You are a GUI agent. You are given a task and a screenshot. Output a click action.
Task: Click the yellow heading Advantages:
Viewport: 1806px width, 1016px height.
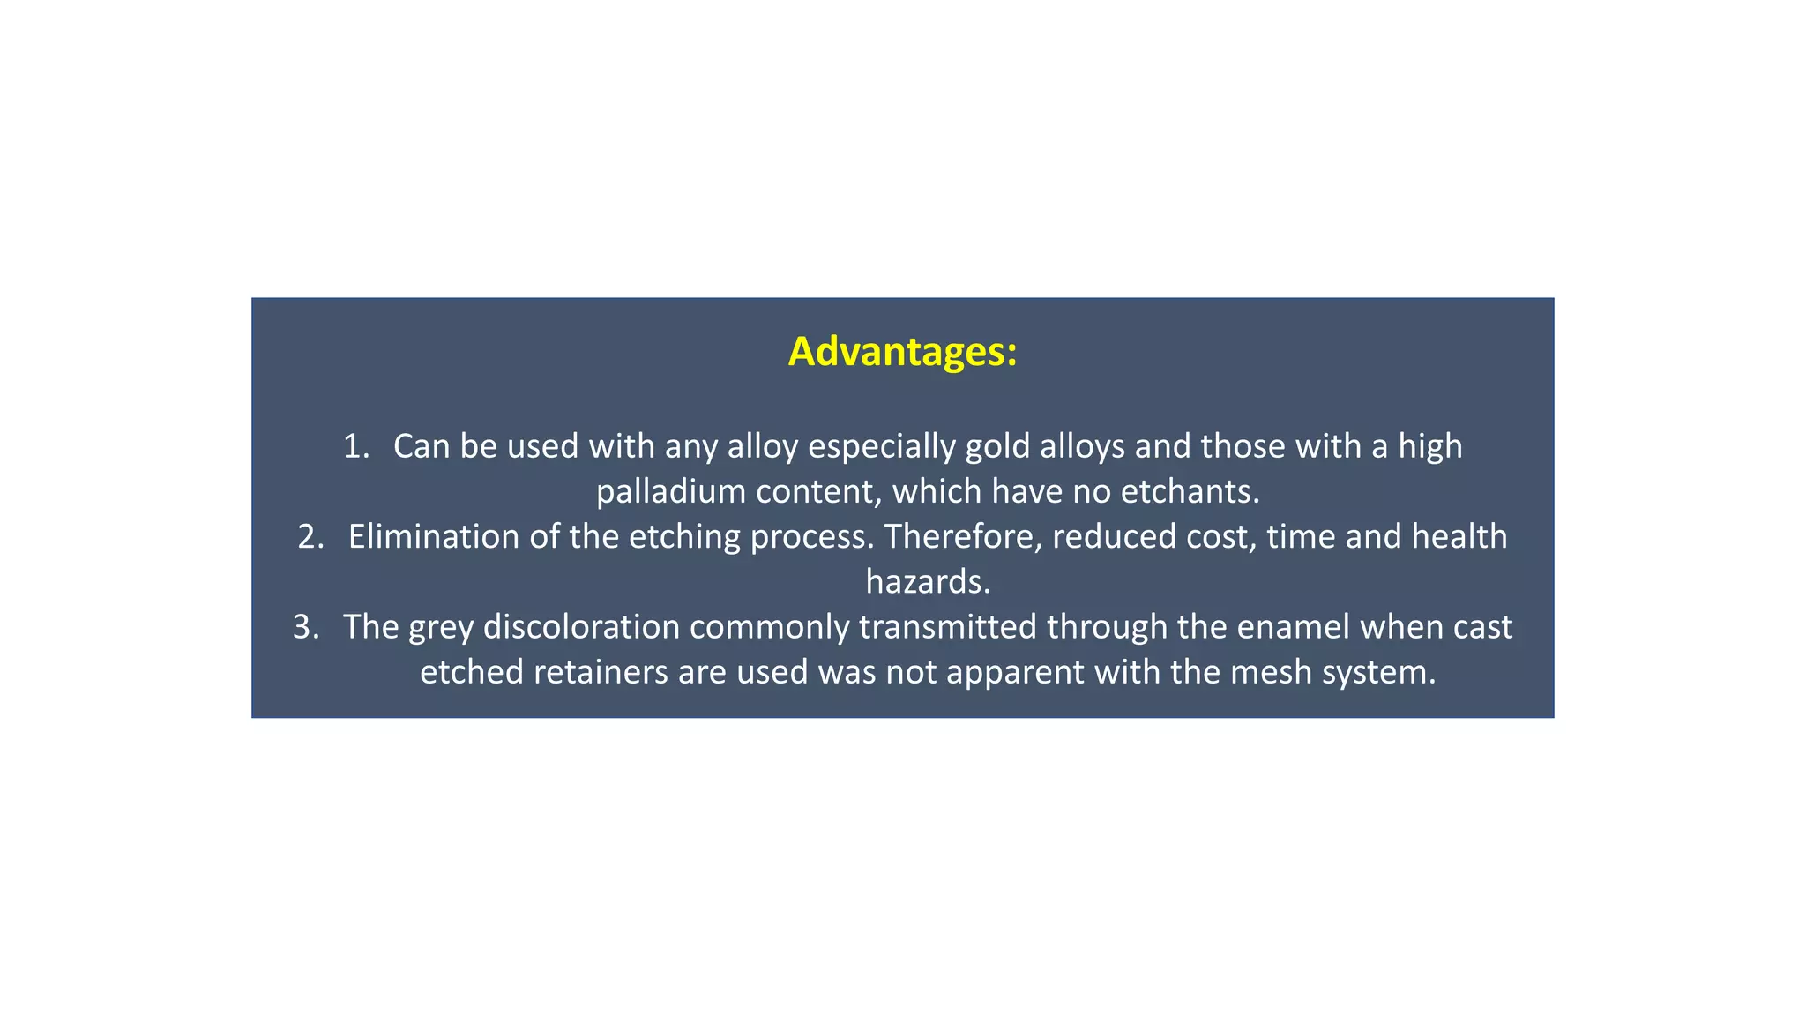(x=902, y=352)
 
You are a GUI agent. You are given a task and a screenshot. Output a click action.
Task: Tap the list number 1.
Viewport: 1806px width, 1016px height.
(x=355, y=446)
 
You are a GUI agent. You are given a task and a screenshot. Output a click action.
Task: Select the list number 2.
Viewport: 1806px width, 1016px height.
(x=310, y=537)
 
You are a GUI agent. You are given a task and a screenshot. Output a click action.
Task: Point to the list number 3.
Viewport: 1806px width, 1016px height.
(x=305, y=627)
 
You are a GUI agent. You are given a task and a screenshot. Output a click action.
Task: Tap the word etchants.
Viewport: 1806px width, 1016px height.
(x=1190, y=491)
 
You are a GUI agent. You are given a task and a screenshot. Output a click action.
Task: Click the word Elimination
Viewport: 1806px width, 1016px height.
(x=433, y=537)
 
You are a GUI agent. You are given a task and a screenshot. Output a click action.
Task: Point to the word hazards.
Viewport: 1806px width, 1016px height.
(x=928, y=582)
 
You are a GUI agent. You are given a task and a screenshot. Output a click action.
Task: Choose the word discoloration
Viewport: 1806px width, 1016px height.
(x=581, y=627)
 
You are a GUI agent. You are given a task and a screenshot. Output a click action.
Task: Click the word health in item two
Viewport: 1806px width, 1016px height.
(x=1459, y=537)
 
